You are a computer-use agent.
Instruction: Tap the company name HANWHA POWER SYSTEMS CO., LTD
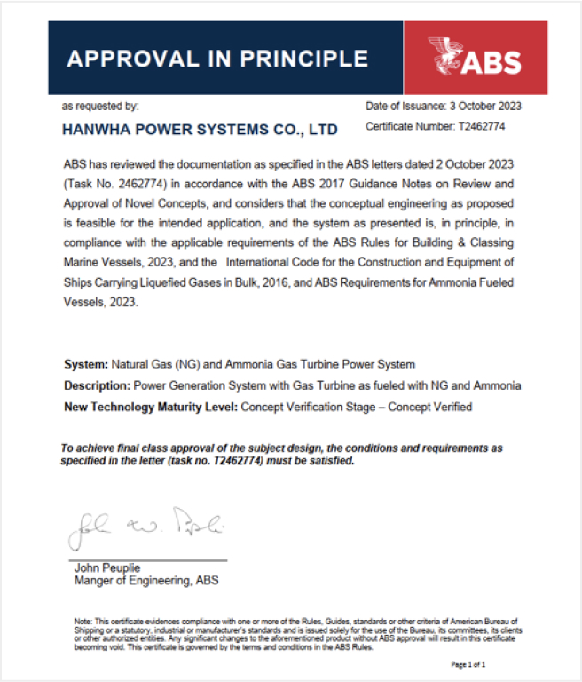click(200, 130)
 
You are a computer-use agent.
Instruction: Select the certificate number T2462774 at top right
click(492, 127)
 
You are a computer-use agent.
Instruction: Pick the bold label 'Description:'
click(97, 385)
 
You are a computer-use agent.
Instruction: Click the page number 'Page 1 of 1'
click(468, 664)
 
